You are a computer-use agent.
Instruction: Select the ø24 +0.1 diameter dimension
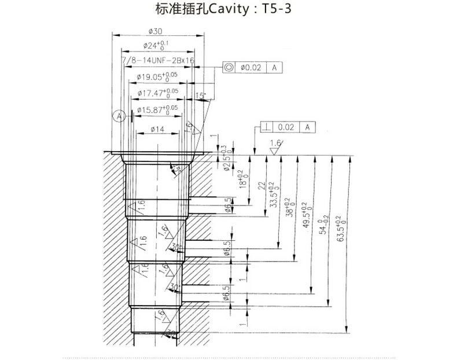(x=155, y=45)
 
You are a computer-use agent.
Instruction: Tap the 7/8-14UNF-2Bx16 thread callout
(x=157, y=60)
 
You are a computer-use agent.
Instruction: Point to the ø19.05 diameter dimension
(x=156, y=76)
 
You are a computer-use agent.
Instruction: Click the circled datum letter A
(x=120, y=116)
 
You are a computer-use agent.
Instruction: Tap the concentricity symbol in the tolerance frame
(x=230, y=68)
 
